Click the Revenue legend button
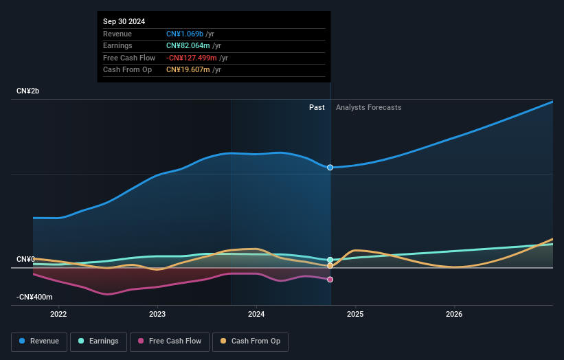39,341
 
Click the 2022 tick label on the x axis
58,315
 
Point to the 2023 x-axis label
157,315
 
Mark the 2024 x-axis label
256,315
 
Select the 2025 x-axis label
355,315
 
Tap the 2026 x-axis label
454,315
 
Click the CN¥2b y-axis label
28,91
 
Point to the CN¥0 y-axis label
25,259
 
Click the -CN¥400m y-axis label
34,297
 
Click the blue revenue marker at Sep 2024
330,168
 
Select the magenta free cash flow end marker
330,280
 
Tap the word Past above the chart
317,107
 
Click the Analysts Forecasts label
368,107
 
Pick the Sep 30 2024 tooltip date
124,22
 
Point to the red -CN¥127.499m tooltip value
197,58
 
